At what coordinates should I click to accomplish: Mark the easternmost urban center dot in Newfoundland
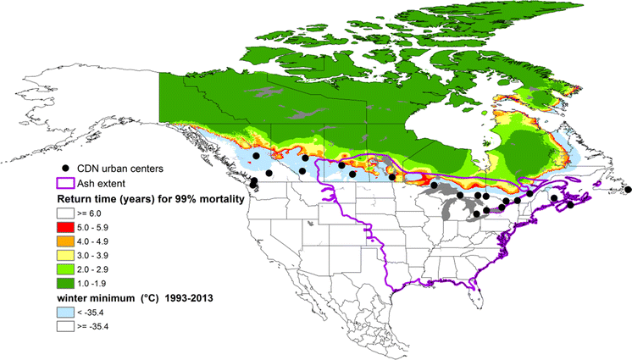[x=628, y=189]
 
